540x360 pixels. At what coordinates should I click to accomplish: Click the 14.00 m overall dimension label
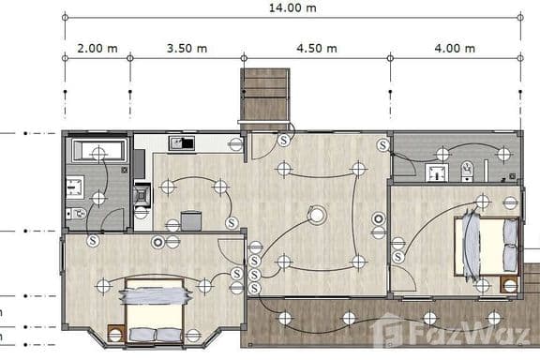coord(292,7)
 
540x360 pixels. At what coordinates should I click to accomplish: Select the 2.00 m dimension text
coord(97,47)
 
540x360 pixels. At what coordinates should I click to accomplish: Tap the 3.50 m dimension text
coord(187,47)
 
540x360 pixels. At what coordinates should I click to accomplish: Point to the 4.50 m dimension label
coord(316,47)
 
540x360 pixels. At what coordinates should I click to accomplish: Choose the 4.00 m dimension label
coord(455,47)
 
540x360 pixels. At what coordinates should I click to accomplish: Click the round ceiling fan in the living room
coord(320,216)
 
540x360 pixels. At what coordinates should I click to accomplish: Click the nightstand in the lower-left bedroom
coord(117,332)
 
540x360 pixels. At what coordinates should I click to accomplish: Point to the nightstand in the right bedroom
coord(509,285)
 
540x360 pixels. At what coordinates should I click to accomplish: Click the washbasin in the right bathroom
coord(436,172)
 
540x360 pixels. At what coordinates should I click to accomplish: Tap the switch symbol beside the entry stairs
coord(284,140)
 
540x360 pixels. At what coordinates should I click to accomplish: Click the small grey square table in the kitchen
coord(191,221)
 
